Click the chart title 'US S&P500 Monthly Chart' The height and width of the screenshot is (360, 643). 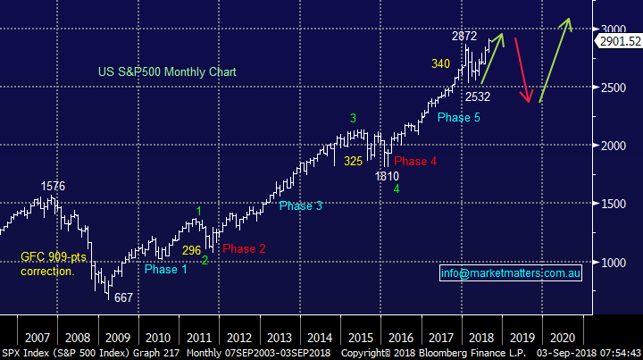(160, 71)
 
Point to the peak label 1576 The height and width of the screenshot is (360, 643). (54, 186)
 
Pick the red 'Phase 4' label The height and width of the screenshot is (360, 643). (415, 162)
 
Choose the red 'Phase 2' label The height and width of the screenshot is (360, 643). (243, 248)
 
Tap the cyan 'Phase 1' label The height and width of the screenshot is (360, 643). (166, 269)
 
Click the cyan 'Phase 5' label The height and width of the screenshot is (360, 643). (459, 117)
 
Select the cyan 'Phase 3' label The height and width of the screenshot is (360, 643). (300, 206)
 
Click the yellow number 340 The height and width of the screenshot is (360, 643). (440, 63)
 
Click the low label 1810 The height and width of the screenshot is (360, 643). (386, 176)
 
